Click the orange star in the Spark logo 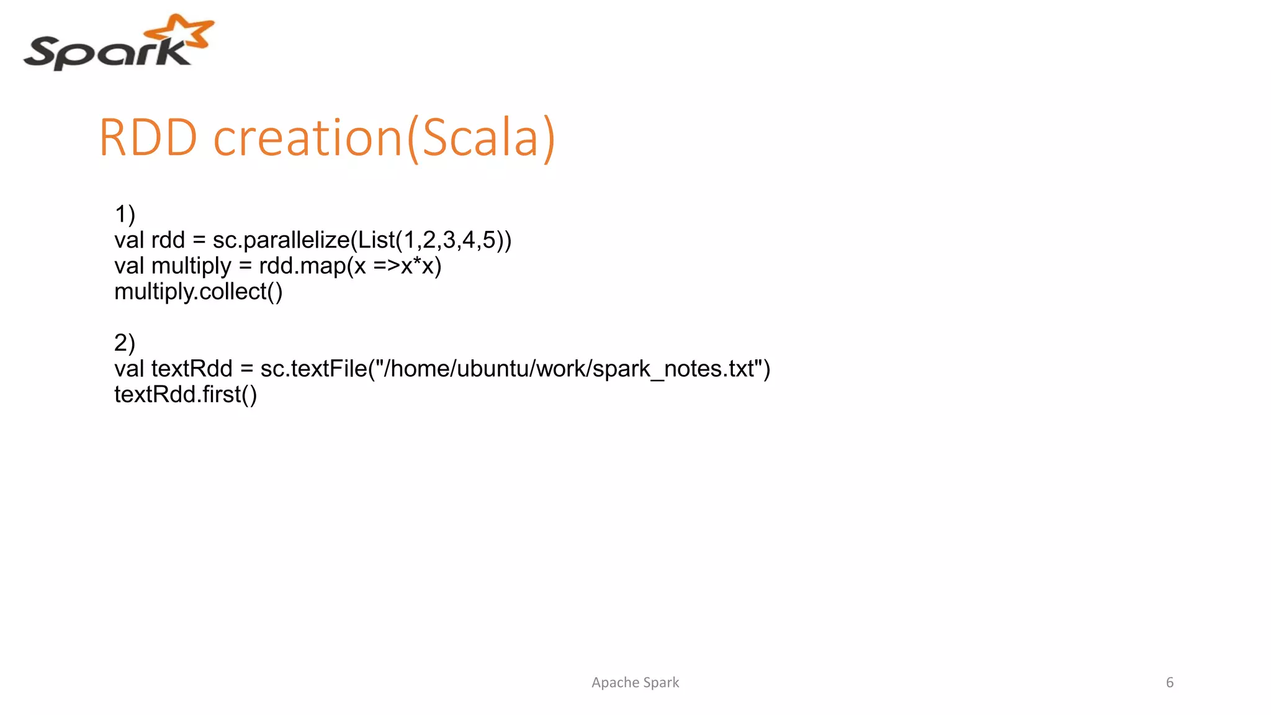coord(182,31)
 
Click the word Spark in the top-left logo coord(106,53)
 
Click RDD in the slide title coord(148,137)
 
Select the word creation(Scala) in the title coord(384,137)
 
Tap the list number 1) coord(125,214)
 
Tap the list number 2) coord(125,343)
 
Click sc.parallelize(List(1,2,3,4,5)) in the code coord(362,240)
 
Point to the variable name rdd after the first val coord(168,240)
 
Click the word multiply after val coord(191,266)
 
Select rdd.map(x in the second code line coord(312,266)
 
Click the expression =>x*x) coord(407,266)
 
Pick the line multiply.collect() coord(198,292)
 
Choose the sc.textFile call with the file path coord(515,369)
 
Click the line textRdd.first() coord(185,395)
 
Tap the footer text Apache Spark coord(635,683)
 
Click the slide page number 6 coord(1170,683)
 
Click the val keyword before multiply coord(129,266)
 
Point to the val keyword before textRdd coord(129,369)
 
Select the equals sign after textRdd coord(246,369)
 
